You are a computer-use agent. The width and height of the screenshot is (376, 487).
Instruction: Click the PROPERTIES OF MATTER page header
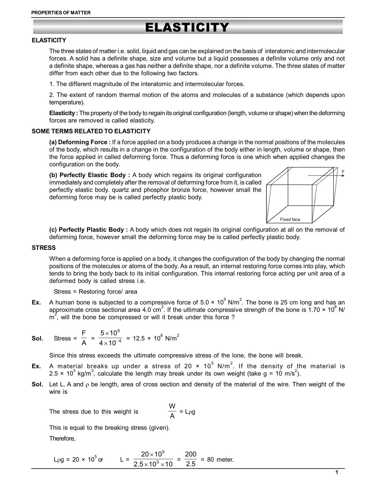click(x=61, y=13)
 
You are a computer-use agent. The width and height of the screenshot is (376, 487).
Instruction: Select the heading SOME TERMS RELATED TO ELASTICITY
click(x=91, y=131)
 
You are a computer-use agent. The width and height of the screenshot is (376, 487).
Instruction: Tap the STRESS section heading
click(x=44, y=248)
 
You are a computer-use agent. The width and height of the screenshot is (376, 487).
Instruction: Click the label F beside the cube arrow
click(x=343, y=171)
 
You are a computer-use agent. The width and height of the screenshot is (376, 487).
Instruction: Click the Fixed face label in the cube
click(x=290, y=219)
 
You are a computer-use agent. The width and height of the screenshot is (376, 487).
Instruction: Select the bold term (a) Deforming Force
click(x=80, y=142)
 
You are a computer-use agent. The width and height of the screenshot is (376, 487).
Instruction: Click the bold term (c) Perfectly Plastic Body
click(x=88, y=230)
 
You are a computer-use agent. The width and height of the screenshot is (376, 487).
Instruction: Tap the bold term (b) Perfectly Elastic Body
click(x=89, y=175)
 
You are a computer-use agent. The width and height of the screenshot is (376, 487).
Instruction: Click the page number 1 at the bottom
click(x=337, y=473)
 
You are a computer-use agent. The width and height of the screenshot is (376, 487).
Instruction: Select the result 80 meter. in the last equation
click(x=220, y=460)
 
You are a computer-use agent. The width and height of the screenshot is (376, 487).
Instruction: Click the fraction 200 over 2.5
click(x=191, y=459)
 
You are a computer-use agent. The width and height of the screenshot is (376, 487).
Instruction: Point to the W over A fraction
click(x=172, y=411)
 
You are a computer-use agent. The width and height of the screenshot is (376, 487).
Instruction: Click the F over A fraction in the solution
click(x=84, y=338)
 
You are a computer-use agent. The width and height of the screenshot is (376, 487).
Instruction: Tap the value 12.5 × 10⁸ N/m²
click(x=156, y=338)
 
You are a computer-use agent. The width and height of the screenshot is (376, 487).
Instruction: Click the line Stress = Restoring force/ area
click(x=95, y=292)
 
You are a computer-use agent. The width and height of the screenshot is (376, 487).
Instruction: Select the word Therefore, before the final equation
click(x=62, y=439)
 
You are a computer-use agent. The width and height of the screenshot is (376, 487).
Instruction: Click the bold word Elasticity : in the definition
click(x=63, y=113)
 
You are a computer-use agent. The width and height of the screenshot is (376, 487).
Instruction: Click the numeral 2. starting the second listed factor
click(x=52, y=95)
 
